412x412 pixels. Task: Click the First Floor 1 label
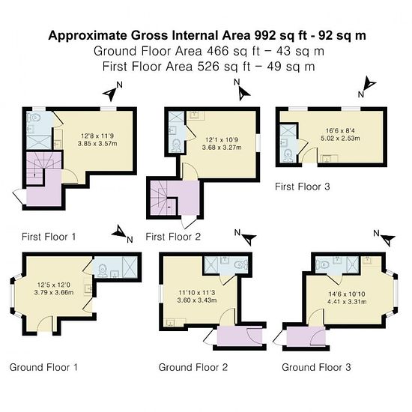tap(49, 237)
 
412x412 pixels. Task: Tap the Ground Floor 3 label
tap(316, 367)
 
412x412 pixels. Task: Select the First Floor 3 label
tap(302, 187)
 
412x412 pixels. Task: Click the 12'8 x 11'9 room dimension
tap(97, 136)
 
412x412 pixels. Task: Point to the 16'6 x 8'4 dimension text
tap(340, 130)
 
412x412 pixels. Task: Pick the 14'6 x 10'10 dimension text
tap(347, 294)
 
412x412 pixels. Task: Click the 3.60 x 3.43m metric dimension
tap(197, 300)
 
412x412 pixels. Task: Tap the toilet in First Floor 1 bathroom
tap(34, 118)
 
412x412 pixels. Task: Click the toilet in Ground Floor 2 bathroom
tap(241, 264)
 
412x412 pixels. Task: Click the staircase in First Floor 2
tap(163, 198)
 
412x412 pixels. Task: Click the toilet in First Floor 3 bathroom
tap(288, 155)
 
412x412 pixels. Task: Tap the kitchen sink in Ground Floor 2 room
tap(172, 322)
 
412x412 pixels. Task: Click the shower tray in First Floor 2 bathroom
tap(174, 117)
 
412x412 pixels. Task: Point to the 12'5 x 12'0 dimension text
tap(54, 285)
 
